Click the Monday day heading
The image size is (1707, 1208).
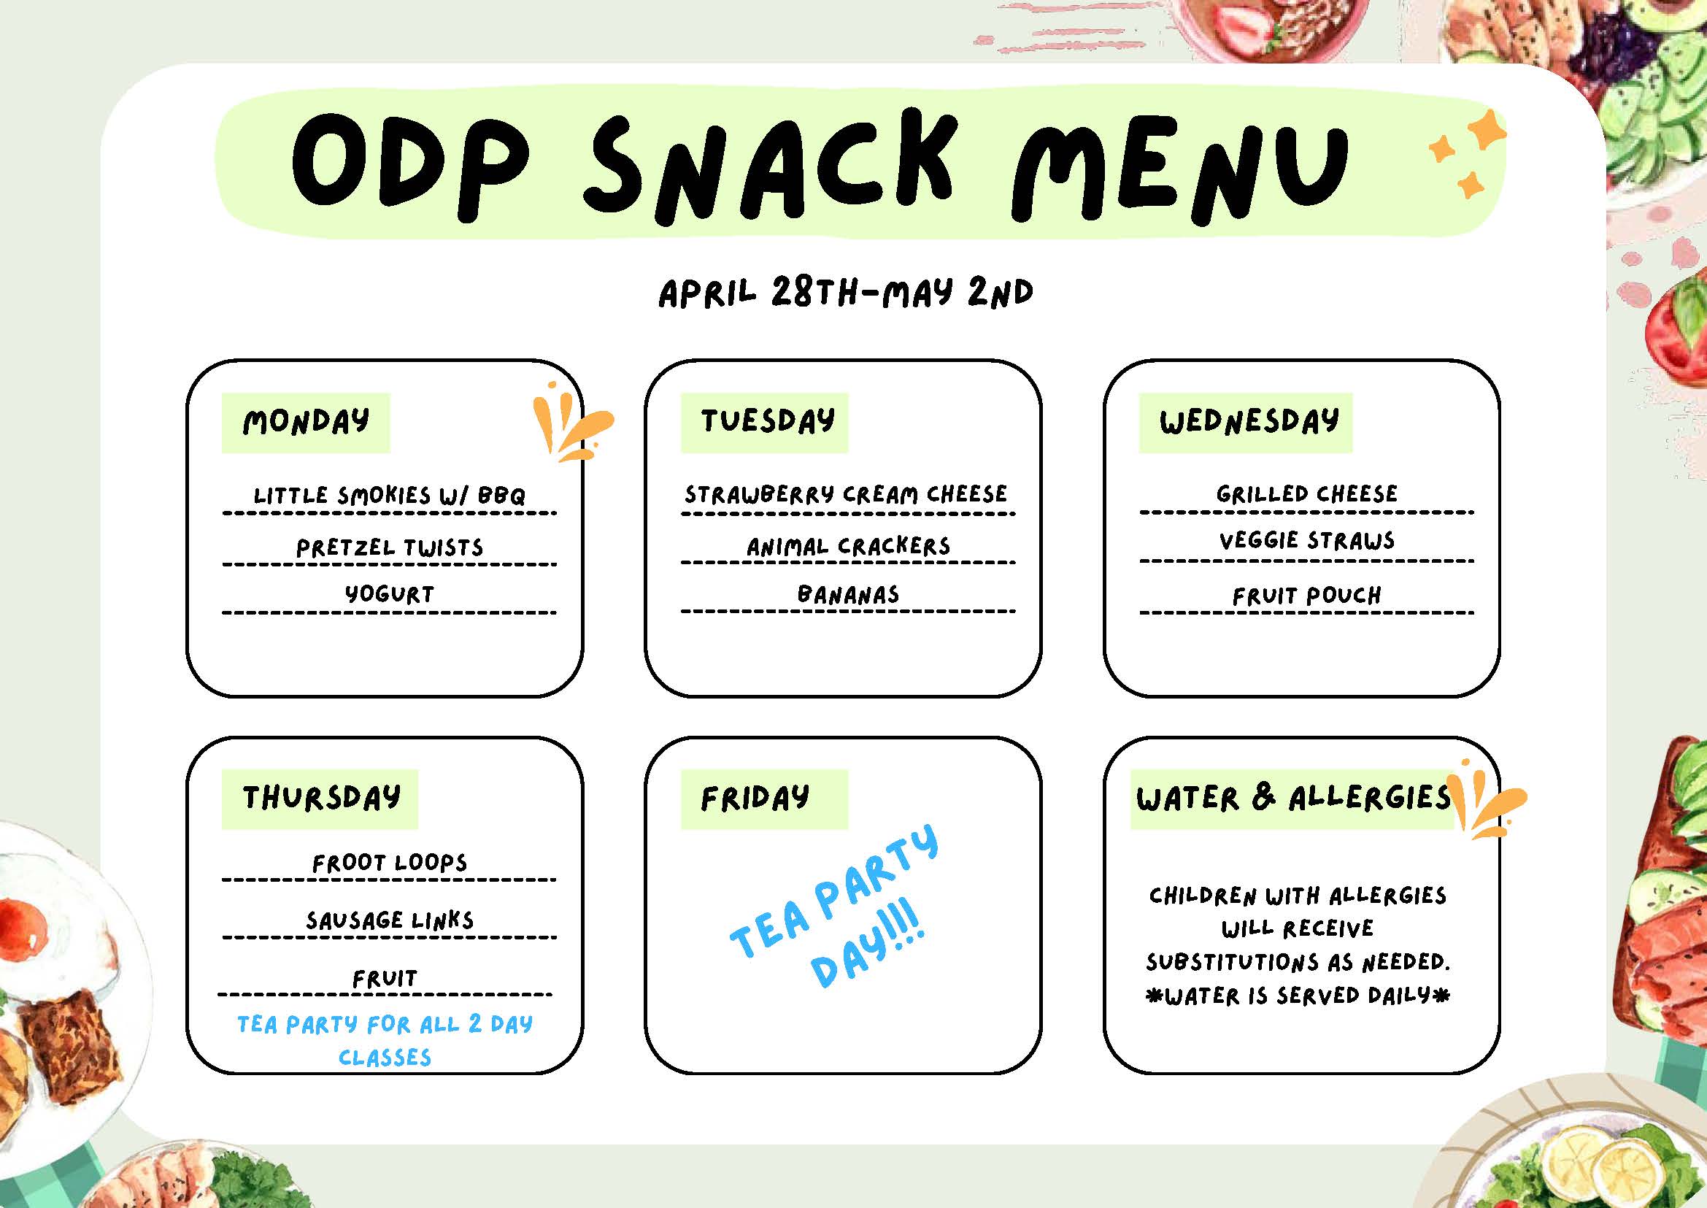306,422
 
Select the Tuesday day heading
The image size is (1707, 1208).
767,421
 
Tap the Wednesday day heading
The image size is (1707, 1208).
1249,422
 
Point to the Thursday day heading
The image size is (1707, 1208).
321,798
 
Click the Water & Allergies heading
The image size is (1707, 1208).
1292,798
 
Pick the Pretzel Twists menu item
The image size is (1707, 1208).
390,548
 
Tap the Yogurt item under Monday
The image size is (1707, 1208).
389,594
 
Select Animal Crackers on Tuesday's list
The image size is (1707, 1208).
848,547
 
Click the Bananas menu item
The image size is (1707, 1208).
848,594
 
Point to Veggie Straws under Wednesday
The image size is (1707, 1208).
1307,541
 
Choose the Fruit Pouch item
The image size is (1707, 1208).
1307,596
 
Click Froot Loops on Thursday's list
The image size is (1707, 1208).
390,863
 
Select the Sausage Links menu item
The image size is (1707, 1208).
390,920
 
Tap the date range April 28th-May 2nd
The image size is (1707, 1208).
846,293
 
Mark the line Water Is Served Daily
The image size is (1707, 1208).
1298,996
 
